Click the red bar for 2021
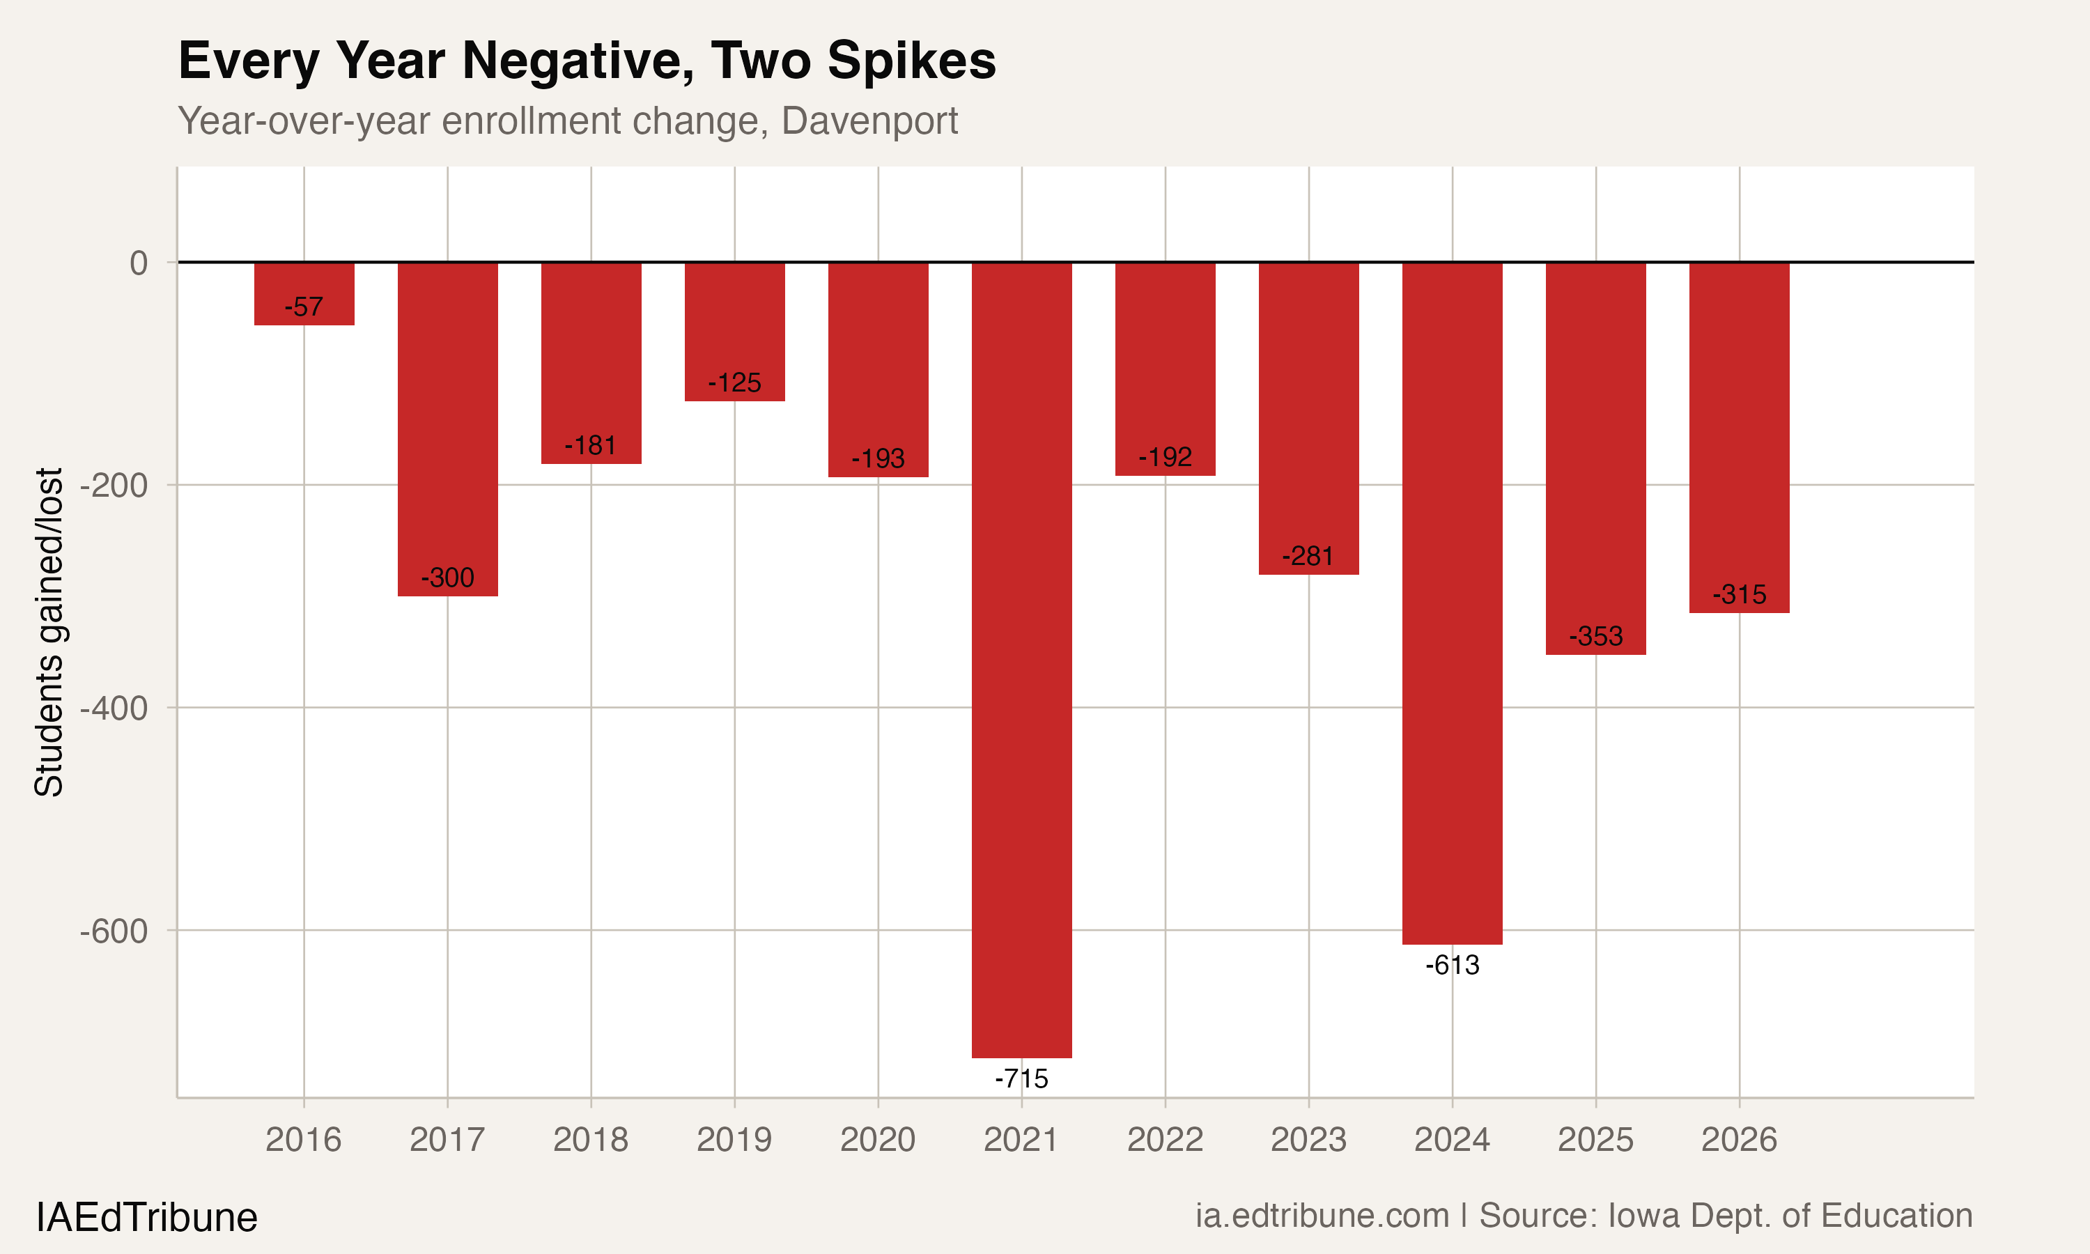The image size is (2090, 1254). (x=1021, y=659)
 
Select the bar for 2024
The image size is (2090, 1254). (x=1452, y=603)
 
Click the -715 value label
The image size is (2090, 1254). (x=1021, y=1079)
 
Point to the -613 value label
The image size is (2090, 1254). (x=1452, y=965)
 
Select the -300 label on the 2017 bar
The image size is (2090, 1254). (x=448, y=578)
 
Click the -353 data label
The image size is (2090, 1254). (x=1596, y=636)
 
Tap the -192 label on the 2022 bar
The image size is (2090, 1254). (x=1165, y=458)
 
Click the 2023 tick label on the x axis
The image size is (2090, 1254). (x=1308, y=1140)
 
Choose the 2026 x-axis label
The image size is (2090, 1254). (x=1739, y=1140)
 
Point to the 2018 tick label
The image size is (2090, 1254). (x=591, y=1140)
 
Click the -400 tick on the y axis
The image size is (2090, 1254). (x=114, y=708)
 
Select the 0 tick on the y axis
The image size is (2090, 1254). (x=139, y=263)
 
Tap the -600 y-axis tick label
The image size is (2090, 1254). (x=114, y=931)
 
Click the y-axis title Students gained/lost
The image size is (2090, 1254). (x=49, y=632)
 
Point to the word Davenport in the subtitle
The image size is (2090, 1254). (x=869, y=121)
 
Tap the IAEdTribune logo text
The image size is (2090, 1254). (x=147, y=1218)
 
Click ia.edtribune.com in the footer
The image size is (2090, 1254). (x=1322, y=1216)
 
